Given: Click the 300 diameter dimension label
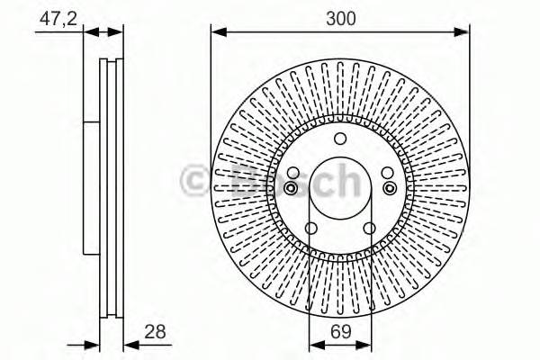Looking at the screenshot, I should (x=339, y=18).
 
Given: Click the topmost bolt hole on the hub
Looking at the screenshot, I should (x=339, y=139).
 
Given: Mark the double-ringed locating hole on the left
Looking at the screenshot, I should (x=292, y=187).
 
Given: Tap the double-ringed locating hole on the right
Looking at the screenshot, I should (x=388, y=187).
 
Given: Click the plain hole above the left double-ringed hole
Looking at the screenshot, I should (x=292, y=174).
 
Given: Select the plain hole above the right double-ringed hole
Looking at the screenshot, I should (x=387, y=174).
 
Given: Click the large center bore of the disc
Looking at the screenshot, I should (x=339, y=189).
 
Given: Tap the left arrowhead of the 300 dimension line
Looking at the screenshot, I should (x=216, y=31).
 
